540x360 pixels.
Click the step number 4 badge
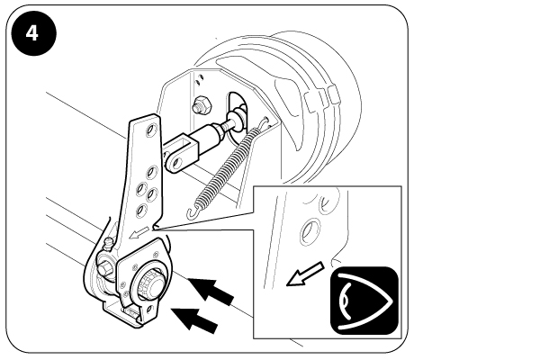pyautogui.click(x=33, y=33)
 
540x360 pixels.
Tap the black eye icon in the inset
pyautogui.click(x=364, y=301)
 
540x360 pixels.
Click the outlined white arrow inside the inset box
pyautogui.click(x=305, y=274)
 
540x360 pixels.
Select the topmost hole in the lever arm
pyautogui.click(x=150, y=130)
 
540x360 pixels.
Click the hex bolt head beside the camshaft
pyautogui.click(x=103, y=267)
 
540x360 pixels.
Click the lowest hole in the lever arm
pyautogui.click(x=141, y=210)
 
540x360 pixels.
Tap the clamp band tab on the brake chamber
pyautogui.click(x=334, y=94)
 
